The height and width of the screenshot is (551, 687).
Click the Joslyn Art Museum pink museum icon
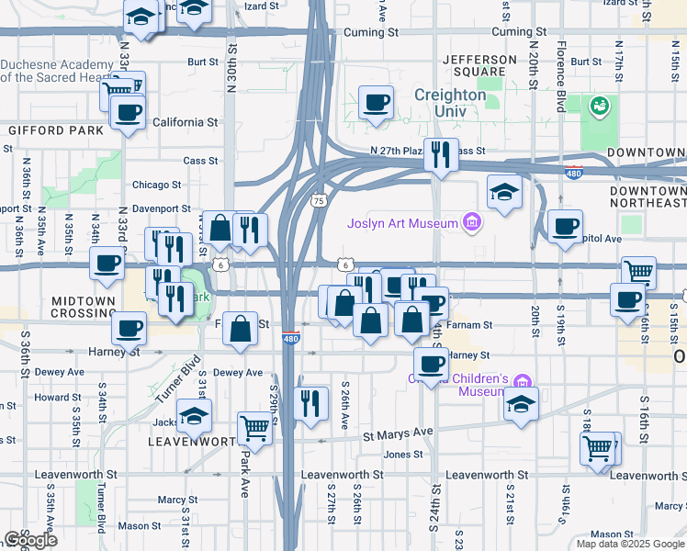coord(472,221)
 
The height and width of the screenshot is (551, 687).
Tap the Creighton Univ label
coord(449,103)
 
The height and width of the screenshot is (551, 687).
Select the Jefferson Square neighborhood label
coord(474,65)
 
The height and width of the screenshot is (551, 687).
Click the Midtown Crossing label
coord(84,307)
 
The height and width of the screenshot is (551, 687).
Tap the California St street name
coord(185,122)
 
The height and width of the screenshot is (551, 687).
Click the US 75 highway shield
coord(319,200)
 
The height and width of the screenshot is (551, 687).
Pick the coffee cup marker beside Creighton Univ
coord(375,103)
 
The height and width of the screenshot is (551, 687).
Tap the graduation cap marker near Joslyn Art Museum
coord(503,192)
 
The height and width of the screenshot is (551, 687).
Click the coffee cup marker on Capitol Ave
coord(565,226)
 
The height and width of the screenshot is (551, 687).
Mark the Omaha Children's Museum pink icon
coord(522,381)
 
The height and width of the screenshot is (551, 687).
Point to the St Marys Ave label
coord(397,433)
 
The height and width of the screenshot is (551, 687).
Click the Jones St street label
coord(402,455)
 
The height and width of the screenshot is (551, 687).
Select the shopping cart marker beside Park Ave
coord(254,426)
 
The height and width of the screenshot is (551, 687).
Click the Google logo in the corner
coord(29,540)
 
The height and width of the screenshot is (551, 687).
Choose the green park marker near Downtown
coord(601,107)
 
